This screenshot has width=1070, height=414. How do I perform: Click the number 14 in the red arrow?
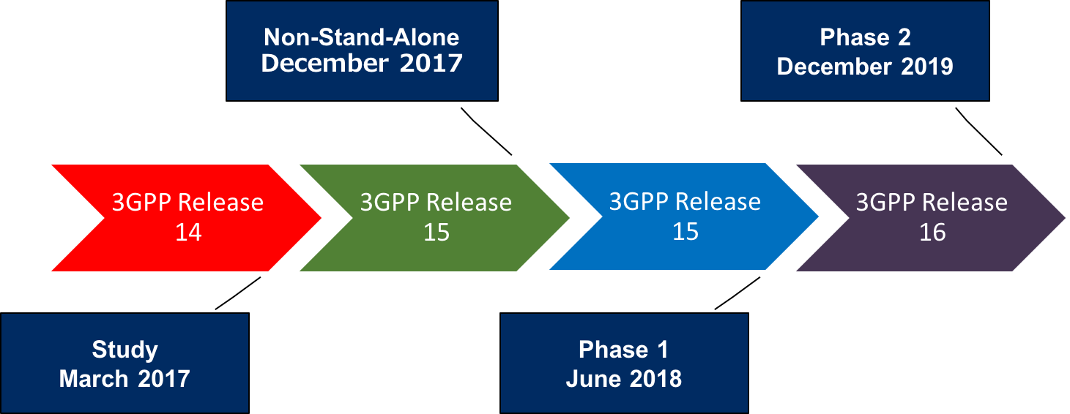tap(188, 233)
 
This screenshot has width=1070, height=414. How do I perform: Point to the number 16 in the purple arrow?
tap(932, 233)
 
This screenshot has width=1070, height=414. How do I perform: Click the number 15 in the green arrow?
tap(436, 233)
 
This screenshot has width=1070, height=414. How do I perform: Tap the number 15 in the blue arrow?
tap(686, 232)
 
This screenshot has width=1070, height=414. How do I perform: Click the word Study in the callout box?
tap(125, 350)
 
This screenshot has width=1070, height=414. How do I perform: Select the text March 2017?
tap(125, 379)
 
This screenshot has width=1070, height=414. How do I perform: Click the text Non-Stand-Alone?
tap(362, 37)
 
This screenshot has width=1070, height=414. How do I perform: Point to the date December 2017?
tap(362, 64)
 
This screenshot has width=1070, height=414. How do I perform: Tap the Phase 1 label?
tap(623, 350)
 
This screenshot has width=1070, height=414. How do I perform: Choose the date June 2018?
tap(623, 379)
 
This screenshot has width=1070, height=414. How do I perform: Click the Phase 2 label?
tap(865, 37)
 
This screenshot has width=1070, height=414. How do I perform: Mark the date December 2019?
tap(865, 67)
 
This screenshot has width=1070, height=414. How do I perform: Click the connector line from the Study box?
tap(238, 293)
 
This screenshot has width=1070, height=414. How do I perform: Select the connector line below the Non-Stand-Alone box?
tap(486, 132)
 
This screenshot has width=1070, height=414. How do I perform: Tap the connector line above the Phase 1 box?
tap(738, 293)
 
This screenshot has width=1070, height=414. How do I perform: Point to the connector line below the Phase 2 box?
tap(978, 132)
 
